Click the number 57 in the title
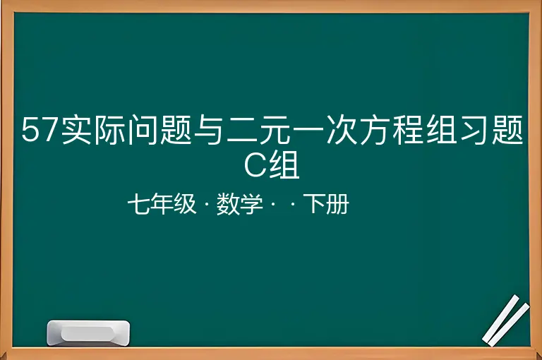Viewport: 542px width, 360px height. tap(39, 130)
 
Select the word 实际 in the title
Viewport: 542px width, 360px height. tap(93, 130)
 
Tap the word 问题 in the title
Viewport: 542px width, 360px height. tap(159, 130)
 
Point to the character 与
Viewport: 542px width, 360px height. tap(207, 130)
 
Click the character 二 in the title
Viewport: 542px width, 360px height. tap(241, 131)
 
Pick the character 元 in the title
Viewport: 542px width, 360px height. tap(275, 130)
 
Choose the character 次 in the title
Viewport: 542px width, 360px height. tap(342, 130)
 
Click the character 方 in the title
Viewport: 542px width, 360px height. tap(375, 130)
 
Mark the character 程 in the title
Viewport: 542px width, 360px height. tap(408, 130)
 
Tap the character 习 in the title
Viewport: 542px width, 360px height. tap(474, 130)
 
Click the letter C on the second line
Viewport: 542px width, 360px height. tap(255, 165)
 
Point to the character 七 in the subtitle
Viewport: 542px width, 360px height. tap(138, 203)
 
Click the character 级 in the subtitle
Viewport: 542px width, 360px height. tap(185, 203)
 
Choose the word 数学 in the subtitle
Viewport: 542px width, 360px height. tap(239, 204)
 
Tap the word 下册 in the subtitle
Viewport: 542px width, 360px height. tap(326, 203)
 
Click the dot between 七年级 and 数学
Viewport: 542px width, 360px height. tap(207, 205)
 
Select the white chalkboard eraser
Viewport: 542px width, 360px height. tap(88, 333)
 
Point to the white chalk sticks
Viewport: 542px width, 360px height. tap(506, 320)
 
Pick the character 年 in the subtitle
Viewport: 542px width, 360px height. tap(162, 203)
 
